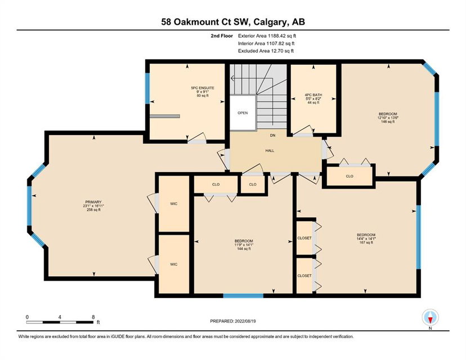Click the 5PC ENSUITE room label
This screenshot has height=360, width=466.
click(203, 88)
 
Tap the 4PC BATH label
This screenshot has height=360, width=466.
click(313, 95)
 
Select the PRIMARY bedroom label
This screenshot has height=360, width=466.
click(93, 202)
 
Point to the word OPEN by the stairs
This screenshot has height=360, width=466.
click(243, 113)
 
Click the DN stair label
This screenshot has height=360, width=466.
click(272, 136)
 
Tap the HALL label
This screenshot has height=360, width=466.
click(270, 151)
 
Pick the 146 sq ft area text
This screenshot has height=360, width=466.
click(388, 121)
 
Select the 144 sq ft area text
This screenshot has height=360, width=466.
click(244, 249)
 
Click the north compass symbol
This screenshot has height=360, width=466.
click(431, 317)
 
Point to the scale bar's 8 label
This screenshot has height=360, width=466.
click(93, 317)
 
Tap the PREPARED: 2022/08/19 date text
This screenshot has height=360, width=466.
click(233, 321)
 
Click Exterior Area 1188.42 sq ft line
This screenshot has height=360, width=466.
click(267, 36)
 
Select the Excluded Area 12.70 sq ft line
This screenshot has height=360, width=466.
click(266, 51)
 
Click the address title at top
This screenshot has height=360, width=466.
click(233, 22)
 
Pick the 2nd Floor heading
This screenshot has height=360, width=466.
click(222, 36)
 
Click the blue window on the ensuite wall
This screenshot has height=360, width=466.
click(147, 88)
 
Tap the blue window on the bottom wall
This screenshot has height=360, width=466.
click(243, 295)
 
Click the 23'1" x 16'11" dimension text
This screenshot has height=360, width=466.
click(93, 206)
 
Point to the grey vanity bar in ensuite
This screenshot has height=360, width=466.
click(165, 116)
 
